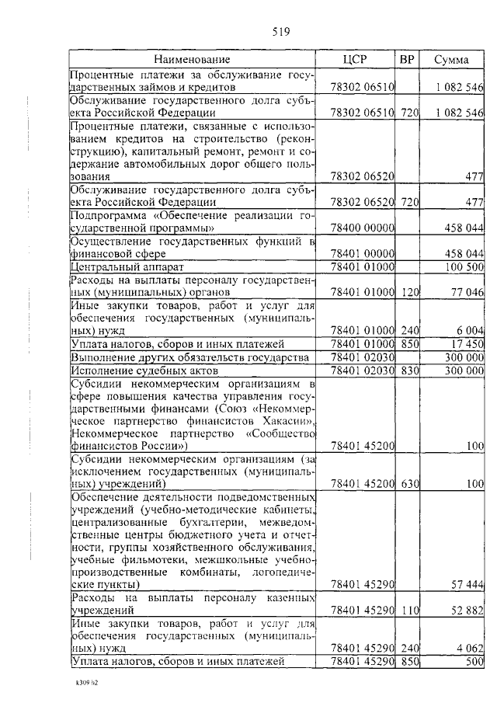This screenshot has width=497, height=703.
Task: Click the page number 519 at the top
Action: tap(280, 33)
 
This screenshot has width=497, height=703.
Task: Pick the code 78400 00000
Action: tap(363, 229)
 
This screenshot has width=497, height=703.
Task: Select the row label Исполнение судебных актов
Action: tap(132, 371)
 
